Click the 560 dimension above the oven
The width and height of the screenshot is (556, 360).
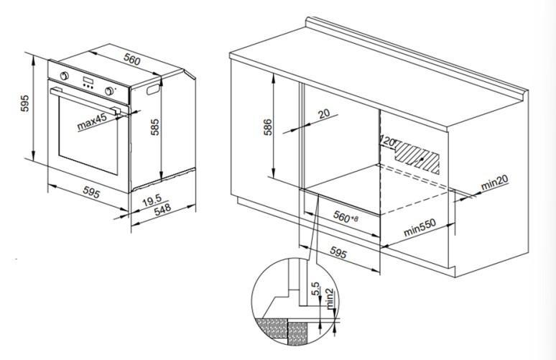coord(132,60)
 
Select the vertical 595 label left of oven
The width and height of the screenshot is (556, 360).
coord(24,105)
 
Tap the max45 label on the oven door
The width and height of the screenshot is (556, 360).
coord(92,122)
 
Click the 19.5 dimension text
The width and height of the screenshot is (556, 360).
coord(151,203)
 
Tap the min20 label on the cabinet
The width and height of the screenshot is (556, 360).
coord(495,184)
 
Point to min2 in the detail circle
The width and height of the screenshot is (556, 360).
coord(328,297)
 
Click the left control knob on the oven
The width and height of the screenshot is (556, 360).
coord(65,76)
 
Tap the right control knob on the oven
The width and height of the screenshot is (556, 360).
coord(111,91)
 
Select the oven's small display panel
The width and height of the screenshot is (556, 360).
coord(88,81)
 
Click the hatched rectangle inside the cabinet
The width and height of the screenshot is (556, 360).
coord(418,157)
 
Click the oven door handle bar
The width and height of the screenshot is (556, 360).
coord(90,103)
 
